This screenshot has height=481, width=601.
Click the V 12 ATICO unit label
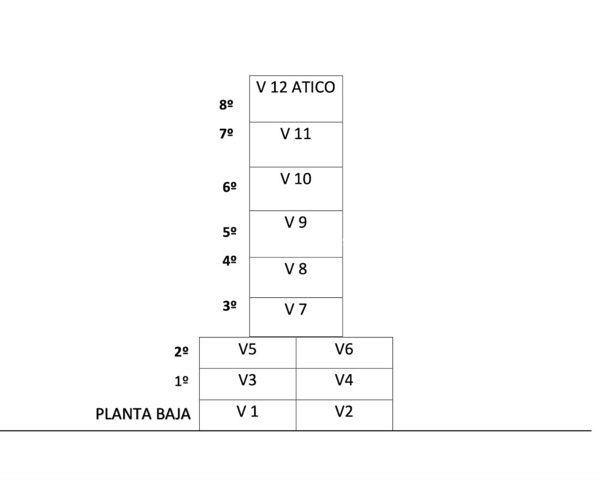(295, 87)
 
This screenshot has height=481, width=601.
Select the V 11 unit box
(296, 144)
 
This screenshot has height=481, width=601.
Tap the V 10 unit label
(296, 179)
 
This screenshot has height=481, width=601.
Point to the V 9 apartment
(296, 233)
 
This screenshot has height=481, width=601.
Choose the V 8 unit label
(296, 269)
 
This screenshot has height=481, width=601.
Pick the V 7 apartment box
(296, 317)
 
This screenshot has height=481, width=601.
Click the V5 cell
(247, 352)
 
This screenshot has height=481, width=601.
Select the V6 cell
(344, 352)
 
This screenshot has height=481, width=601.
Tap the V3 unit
(247, 384)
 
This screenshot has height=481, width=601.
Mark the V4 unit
(344, 384)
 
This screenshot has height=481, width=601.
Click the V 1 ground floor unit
(247, 415)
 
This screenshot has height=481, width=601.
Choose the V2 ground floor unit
(344, 415)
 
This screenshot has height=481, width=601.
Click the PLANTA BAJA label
(143, 414)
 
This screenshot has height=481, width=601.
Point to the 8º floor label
(226, 105)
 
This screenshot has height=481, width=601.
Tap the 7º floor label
(226, 134)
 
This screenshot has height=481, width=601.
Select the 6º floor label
(229, 187)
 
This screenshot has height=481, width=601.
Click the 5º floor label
(229, 232)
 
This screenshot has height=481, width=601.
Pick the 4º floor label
(229, 261)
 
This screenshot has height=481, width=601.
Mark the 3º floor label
(229, 306)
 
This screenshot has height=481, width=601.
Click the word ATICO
(313, 87)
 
